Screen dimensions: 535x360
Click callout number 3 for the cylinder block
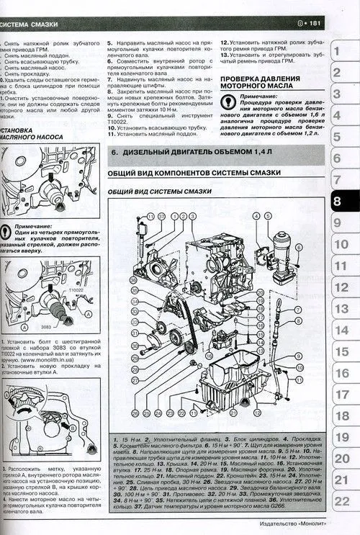[x=184, y=215]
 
